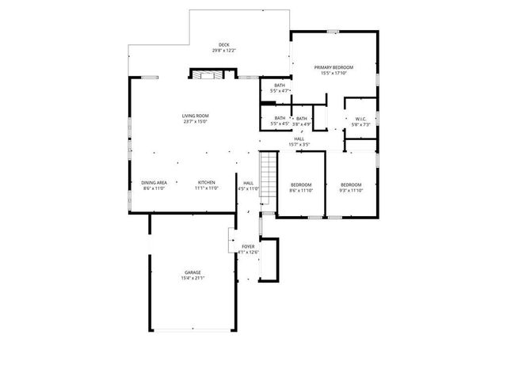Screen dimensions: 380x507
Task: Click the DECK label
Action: pyautogui.click(x=223, y=44)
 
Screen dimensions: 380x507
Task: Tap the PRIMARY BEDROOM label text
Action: pyautogui.click(x=333, y=68)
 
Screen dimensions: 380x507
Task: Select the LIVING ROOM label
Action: pyautogui.click(x=195, y=116)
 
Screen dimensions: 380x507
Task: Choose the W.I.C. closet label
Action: pyautogui.click(x=360, y=119)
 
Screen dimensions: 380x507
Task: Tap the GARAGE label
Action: pyautogui.click(x=193, y=272)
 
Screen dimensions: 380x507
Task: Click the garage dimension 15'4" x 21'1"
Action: pyautogui.click(x=193, y=279)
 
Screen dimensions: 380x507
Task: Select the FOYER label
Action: pyautogui.click(x=248, y=247)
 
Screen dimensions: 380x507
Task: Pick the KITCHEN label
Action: pyautogui.click(x=207, y=183)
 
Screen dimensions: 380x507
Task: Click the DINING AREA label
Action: pyautogui.click(x=154, y=183)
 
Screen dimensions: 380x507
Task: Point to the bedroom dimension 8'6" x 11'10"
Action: pyautogui.click(x=301, y=190)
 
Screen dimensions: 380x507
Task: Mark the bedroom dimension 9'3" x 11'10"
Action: pyautogui.click(x=350, y=190)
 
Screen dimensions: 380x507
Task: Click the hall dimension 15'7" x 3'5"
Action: pyautogui.click(x=299, y=145)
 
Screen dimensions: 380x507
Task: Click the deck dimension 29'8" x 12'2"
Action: pyautogui.click(x=223, y=51)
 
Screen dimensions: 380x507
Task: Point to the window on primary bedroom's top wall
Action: pyautogui.click(x=334, y=32)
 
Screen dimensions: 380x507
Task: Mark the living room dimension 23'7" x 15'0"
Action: pyautogui.click(x=195, y=122)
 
